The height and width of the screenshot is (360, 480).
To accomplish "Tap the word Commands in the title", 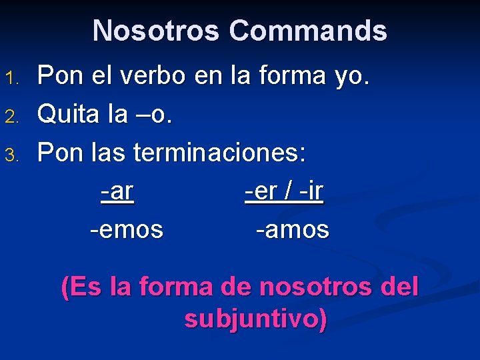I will tap(307, 31).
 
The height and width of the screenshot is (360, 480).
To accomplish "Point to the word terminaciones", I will tap(219, 154).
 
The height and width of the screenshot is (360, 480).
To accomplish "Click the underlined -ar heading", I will tap(117, 192).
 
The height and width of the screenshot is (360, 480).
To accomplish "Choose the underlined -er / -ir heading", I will tap(284, 192).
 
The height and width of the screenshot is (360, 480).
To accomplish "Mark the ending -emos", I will tap(127, 230).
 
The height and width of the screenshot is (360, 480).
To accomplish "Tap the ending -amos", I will tap(293, 230).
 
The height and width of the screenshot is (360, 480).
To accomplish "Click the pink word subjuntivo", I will tap(256, 319).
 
